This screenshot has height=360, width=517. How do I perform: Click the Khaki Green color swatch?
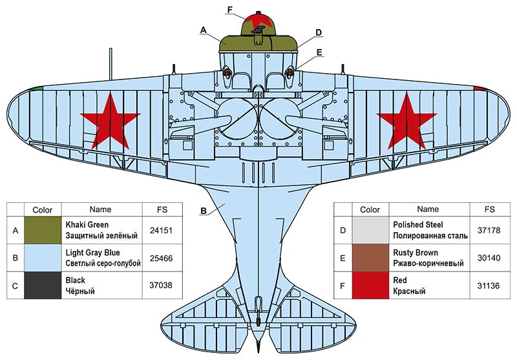[x=42, y=229]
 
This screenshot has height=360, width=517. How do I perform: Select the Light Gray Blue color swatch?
[x=42, y=257]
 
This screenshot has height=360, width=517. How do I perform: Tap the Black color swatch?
[x=42, y=285]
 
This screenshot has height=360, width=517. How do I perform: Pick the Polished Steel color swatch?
[x=370, y=229]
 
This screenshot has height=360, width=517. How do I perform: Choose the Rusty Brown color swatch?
[x=370, y=257]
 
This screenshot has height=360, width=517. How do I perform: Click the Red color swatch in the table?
[x=370, y=285]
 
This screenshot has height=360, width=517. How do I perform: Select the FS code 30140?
[x=489, y=257]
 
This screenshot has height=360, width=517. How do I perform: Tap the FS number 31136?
[x=489, y=285]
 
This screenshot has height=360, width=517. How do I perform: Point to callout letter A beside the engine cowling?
[x=204, y=30]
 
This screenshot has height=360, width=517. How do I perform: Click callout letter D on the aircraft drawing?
[x=319, y=32]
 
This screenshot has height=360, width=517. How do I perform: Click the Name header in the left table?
[x=100, y=209]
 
